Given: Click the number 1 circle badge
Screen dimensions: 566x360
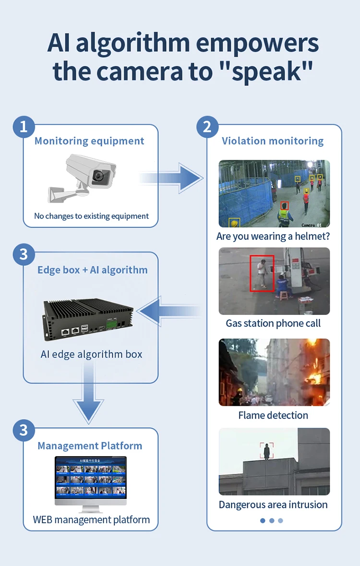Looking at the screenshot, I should point(24,127).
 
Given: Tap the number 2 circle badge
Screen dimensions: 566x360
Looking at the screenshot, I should point(207,127).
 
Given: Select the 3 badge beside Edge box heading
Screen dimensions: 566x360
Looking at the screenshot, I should point(24,254).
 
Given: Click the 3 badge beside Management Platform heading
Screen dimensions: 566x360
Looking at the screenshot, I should point(24,430).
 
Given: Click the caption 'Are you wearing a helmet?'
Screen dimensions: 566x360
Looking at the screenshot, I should point(273,236).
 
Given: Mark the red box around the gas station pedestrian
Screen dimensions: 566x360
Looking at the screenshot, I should point(262,273).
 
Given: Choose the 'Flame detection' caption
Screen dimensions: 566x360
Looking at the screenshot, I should point(273,415).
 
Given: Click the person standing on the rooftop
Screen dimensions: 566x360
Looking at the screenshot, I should point(266,451).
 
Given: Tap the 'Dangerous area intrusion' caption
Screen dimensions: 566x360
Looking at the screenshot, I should point(273,505).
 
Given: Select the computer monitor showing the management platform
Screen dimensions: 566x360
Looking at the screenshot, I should point(91,480).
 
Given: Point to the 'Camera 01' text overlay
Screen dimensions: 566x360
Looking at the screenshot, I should point(314,225).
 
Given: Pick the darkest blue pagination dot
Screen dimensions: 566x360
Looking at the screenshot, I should point(263,520).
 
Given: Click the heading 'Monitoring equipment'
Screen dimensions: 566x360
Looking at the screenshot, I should point(89,141).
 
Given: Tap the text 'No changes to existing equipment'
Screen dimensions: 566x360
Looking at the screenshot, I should point(91,216).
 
